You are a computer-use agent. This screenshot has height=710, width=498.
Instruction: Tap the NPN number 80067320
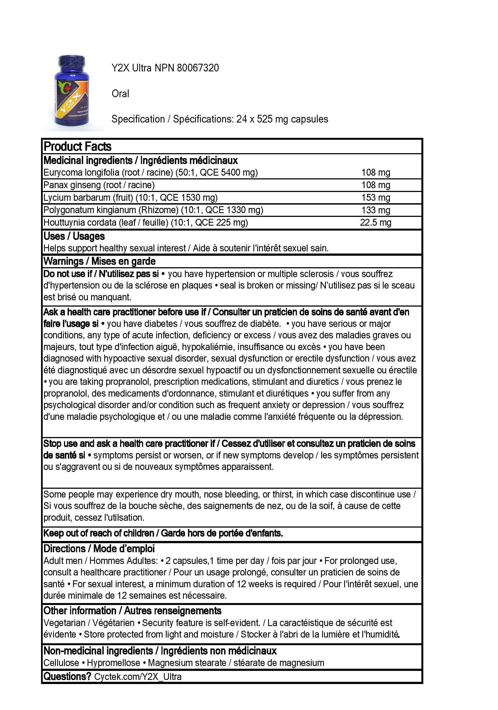pos(198,68)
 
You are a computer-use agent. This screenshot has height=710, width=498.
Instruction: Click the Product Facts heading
pos(77,147)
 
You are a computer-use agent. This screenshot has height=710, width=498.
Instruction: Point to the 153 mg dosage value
pos(375,197)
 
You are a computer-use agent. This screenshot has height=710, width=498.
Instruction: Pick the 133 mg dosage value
pos(375,210)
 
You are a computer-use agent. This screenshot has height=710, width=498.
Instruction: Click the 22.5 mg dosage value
pos(375,223)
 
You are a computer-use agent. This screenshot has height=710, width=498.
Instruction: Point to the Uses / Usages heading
pos(74,236)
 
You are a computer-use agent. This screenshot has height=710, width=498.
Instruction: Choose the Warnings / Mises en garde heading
pos(99,261)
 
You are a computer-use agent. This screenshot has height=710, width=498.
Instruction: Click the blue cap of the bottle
pos(71,62)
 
